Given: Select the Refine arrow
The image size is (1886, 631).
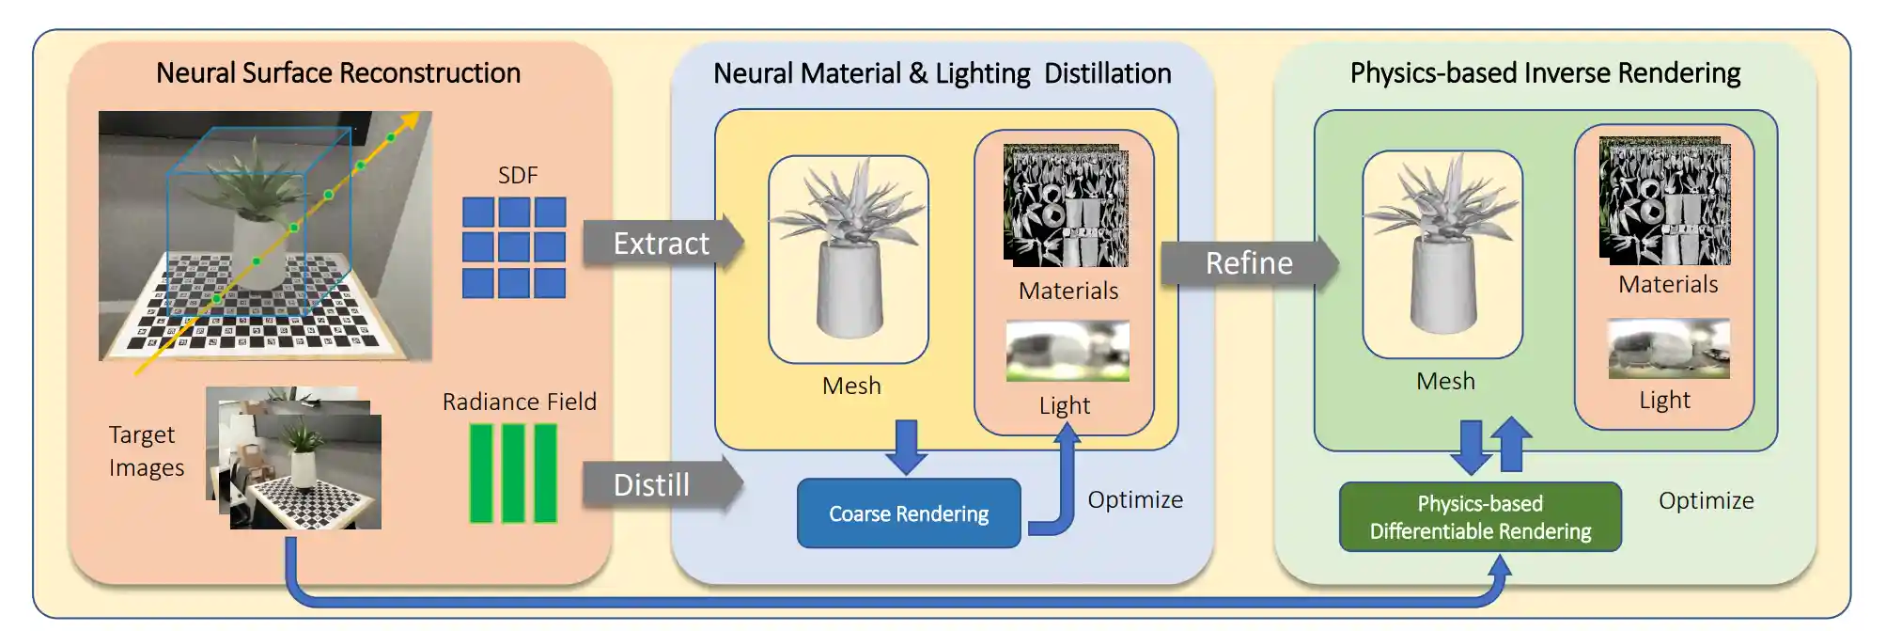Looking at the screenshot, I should point(1248,263).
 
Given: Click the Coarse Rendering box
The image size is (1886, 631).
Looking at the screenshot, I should point(908,513).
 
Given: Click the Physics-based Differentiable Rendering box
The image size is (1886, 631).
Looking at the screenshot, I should point(1479,517).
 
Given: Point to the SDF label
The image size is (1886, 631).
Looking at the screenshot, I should point(518,176).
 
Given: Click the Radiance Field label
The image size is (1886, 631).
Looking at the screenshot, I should point(519,402).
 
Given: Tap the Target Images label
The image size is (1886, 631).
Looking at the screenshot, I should point(146,451).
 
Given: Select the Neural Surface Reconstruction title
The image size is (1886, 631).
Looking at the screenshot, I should point(337,73).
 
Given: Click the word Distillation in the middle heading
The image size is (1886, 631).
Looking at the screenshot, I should point(1107,73).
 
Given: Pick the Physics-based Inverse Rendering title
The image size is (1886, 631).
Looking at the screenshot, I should point(1544,73).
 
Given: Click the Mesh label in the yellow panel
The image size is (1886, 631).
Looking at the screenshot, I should point(851,386).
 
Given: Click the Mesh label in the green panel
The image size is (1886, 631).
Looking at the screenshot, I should point(1445,382).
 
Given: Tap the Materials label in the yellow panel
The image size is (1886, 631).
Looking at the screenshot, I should point(1068,292).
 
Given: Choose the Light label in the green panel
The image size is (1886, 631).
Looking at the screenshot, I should point(1664,401).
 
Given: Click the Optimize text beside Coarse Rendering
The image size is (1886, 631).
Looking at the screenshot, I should point(1135,500).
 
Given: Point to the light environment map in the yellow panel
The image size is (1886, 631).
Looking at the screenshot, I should point(1068,351).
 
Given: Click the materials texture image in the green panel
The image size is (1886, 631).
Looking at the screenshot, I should point(1664,201).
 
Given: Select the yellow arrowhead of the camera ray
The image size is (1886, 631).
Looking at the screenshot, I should point(410,121).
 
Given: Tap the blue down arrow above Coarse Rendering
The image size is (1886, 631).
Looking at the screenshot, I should point(906,447).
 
